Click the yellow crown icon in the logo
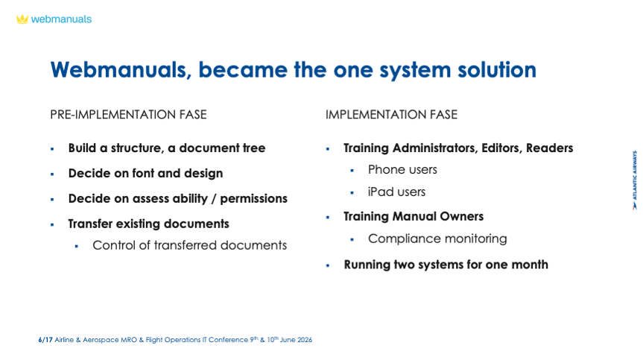pos(22,19)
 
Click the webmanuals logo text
pos(62,19)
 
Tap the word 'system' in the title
pos(416,70)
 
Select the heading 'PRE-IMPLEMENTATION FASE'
pos(128,114)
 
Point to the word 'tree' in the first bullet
pos(254,148)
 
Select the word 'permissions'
pos(254,199)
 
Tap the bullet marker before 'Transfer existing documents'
pos(52,224)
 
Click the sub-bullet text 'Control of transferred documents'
pos(189,245)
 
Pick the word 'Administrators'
pos(436,148)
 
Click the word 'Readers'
pos(550,148)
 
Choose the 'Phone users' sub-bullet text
pos(402,170)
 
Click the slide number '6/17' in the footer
pos(45,340)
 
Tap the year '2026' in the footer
pos(305,340)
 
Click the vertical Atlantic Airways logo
pos(634,180)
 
